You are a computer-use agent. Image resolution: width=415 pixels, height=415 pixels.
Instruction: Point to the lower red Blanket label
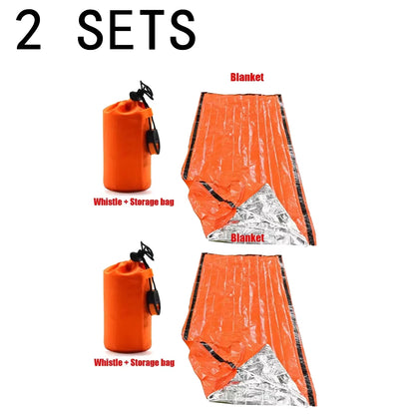(245, 238)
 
